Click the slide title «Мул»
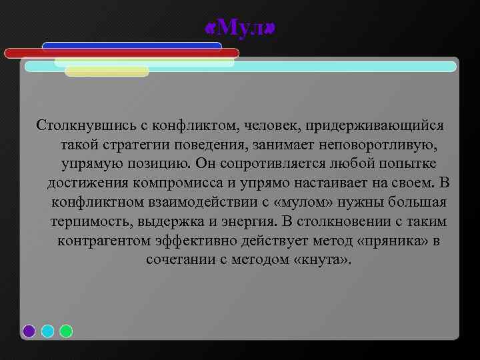[240, 27]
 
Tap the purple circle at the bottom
[29, 331]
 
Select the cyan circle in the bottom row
[47, 331]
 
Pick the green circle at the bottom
[66, 331]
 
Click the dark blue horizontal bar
[132, 46]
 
